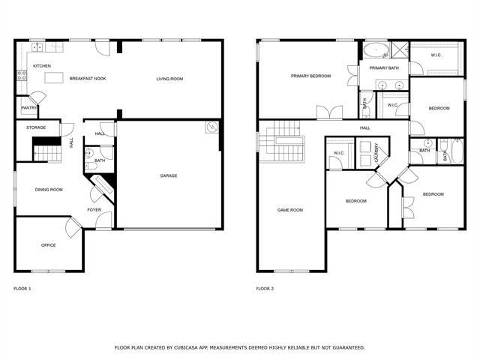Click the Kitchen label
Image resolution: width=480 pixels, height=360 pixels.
[x=42, y=66]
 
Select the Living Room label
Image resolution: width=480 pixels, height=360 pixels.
[x=169, y=79]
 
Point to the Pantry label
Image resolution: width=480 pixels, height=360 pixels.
[x=28, y=107]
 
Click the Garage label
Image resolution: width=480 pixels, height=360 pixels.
[x=168, y=176]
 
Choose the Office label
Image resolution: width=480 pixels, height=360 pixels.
[x=49, y=245]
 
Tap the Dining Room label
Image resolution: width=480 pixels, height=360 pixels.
[x=49, y=190]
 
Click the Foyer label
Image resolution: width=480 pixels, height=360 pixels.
[x=94, y=210]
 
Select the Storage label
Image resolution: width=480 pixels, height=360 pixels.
[x=36, y=127]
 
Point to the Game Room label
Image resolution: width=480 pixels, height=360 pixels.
[x=290, y=210]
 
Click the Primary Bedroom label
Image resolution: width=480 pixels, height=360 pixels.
[x=310, y=76]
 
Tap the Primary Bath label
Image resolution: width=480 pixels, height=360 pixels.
[x=383, y=67]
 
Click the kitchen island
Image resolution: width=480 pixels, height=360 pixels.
[x=54, y=77]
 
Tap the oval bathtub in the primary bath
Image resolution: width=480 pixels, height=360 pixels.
[x=373, y=51]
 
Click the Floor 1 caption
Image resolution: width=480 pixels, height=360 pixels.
[x=22, y=289]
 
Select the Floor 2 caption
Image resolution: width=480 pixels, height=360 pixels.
[x=265, y=289]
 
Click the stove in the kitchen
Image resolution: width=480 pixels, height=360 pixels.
[x=22, y=76]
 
